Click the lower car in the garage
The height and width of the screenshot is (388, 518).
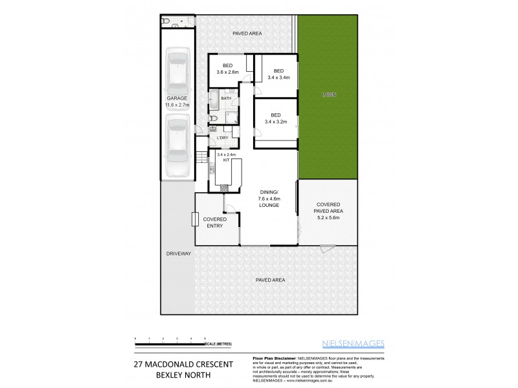[177, 146]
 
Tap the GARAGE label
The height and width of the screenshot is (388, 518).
[177, 98]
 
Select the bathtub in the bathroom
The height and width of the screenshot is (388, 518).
[213, 99]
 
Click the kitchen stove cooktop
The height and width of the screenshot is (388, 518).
[224, 188]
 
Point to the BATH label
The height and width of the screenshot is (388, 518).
[226, 98]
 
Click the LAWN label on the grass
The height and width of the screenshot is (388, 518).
[328, 95]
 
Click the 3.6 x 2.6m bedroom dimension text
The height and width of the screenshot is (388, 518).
[228, 72]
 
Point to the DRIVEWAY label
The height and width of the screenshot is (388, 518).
[177, 253]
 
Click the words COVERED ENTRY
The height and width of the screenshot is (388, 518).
[215, 222]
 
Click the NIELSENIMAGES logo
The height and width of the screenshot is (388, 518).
[353, 343]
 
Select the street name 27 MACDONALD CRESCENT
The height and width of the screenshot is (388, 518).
[183, 364]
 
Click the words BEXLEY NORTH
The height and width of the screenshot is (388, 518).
[183, 375]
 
